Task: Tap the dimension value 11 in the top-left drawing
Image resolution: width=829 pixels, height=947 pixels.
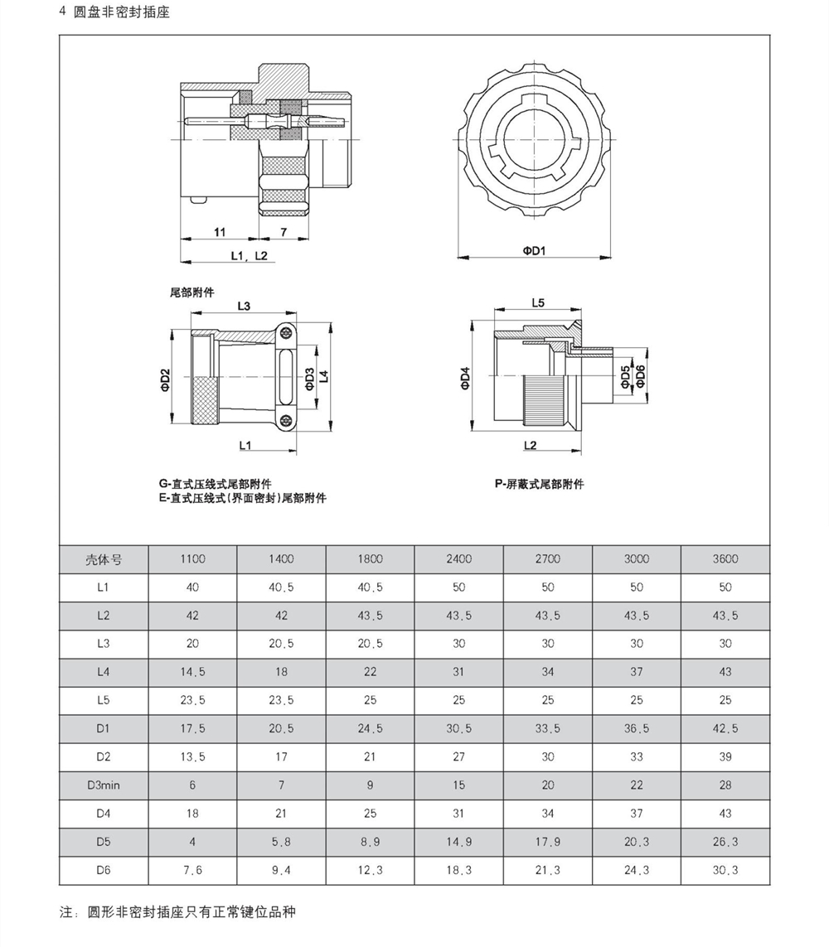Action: (x=220, y=232)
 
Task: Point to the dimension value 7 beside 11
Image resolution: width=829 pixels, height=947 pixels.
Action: (x=283, y=232)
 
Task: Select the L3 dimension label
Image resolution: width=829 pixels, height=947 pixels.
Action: (x=244, y=306)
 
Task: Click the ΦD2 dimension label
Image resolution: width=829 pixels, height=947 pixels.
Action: (x=165, y=379)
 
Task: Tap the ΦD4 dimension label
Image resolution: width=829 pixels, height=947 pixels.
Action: (x=465, y=378)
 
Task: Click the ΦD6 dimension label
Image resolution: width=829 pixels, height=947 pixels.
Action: (x=640, y=376)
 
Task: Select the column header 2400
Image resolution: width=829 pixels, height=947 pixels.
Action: (x=458, y=558)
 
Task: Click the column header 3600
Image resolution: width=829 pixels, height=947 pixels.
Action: (x=725, y=558)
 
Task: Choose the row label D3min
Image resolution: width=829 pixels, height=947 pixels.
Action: (x=104, y=785)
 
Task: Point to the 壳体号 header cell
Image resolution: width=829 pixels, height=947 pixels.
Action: (x=104, y=558)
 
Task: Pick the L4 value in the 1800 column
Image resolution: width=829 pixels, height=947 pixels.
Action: (x=370, y=671)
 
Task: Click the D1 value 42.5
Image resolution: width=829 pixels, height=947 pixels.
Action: (x=725, y=728)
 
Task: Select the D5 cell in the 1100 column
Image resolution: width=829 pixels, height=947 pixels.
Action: (x=192, y=842)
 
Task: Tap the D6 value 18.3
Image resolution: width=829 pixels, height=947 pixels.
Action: (x=458, y=870)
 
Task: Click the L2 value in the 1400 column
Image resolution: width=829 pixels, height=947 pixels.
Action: (x=281, y=615)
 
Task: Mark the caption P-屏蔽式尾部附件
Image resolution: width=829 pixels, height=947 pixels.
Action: (x=539, y=484)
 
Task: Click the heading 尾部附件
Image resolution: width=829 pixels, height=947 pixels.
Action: (x=191, y=292)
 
